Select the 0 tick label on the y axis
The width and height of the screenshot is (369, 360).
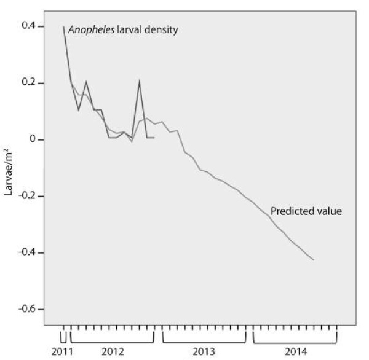[34, 139]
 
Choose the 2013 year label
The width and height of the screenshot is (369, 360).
[204, 351]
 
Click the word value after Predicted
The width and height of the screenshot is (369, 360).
[328, 211]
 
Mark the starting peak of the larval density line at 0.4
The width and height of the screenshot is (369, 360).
[63, 27]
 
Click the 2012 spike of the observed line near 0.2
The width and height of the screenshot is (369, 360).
[140, 81]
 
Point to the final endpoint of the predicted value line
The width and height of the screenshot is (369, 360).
[314, 260]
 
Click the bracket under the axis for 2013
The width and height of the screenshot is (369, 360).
[204, 340]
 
